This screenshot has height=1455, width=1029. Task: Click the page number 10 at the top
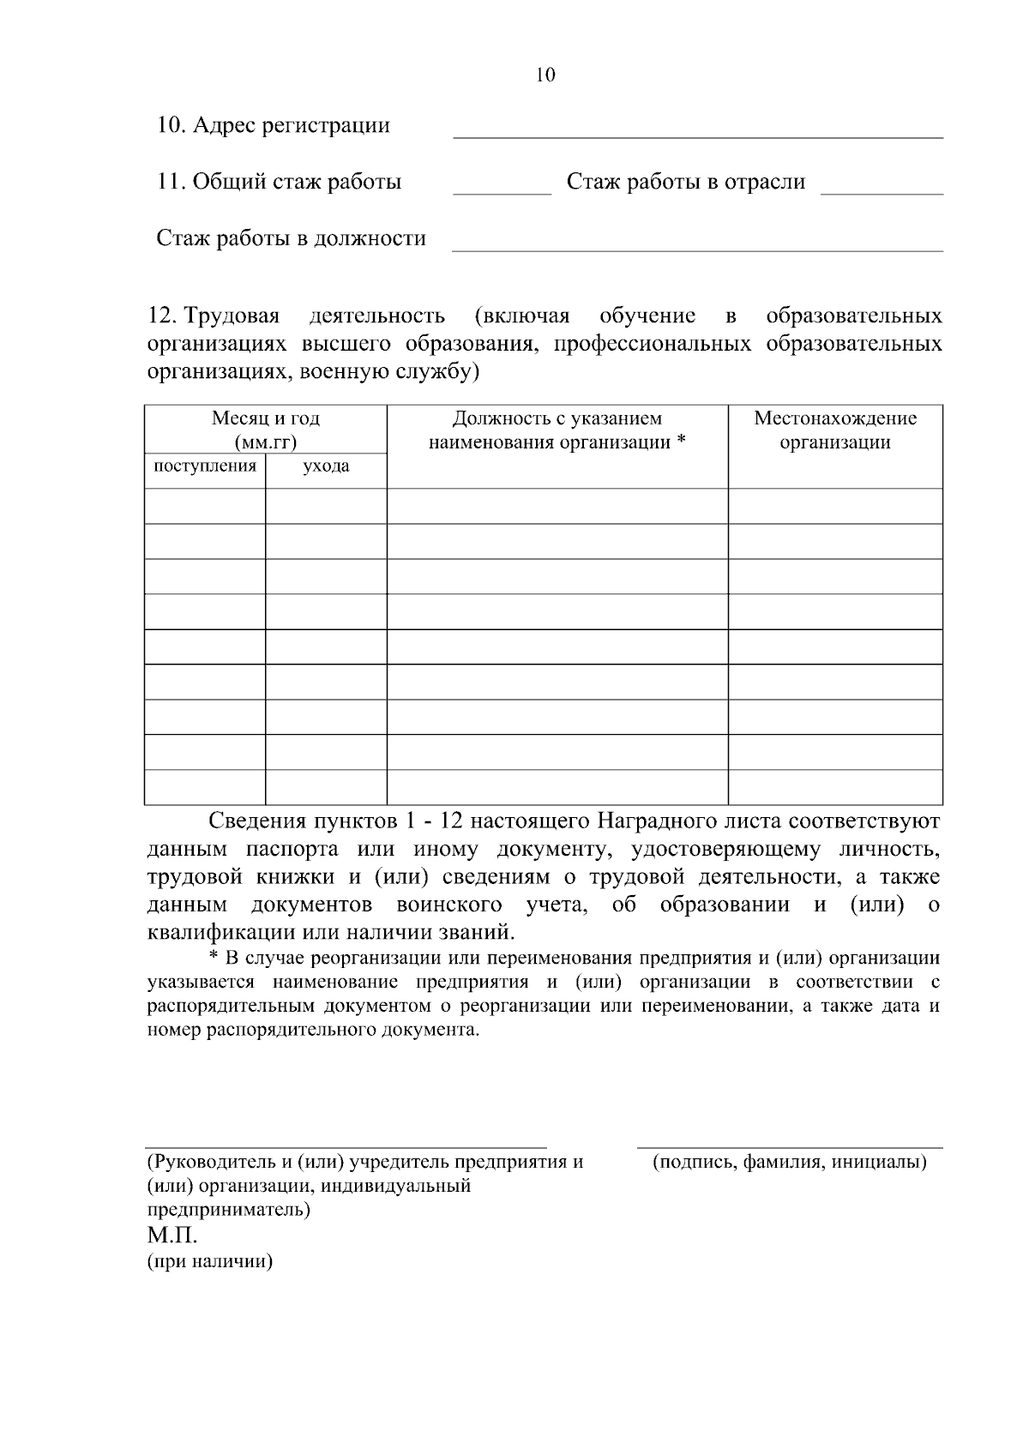click(545, 75)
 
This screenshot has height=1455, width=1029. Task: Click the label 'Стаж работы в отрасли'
click(686, 182)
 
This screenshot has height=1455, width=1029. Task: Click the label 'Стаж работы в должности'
click(291, 238)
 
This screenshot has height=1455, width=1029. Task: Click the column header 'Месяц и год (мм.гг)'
click(266, 430)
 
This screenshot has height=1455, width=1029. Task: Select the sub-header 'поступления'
click(205, 466)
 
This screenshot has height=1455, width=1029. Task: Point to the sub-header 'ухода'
click(326, 466)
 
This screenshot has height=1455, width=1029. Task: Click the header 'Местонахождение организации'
click(835, 430)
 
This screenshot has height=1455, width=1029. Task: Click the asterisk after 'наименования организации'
click(681, 442)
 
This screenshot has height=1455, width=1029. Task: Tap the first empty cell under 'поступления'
click(205, 506)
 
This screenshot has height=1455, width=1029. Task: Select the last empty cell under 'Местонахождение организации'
click(835, 787)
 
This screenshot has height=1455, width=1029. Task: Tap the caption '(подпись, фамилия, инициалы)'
click(790, 1163)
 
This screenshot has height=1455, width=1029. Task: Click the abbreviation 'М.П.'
click(172, 1236)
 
